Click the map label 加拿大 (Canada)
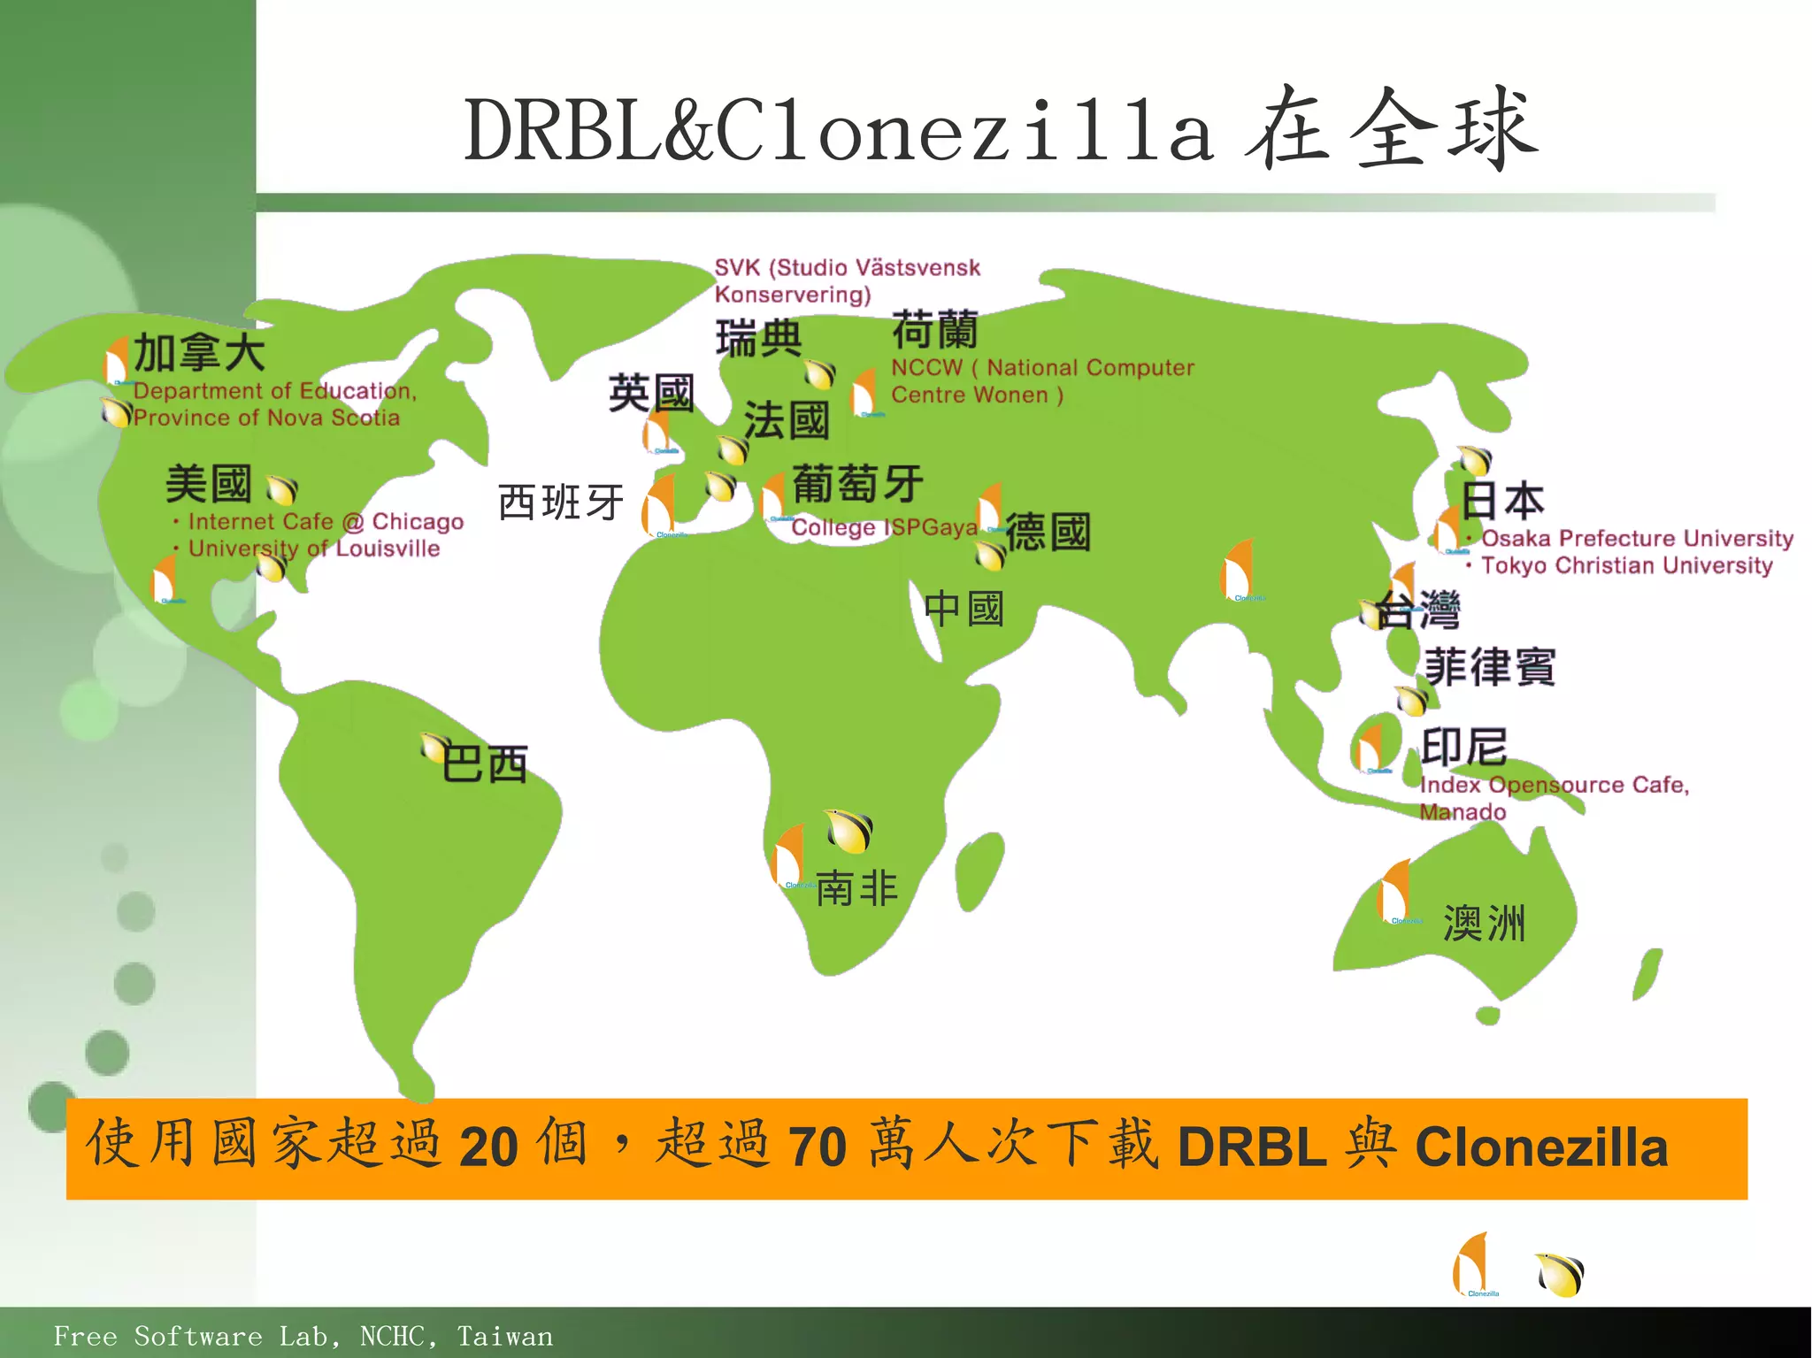[199, 353]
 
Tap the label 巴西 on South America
[485, 763]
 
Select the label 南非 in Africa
[856, 887]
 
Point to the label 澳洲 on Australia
[1484, 924]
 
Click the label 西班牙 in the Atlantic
[561, 503]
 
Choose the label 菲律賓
[1490, 667]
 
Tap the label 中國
[964, 610]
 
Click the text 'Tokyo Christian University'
[1626, 565]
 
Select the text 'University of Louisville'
[314, 549]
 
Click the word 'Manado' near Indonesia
[1463, 812]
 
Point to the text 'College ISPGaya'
[884, 527]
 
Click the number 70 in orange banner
[817, 1147]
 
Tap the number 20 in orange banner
[488, 1147]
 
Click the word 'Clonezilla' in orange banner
[1541, 1147]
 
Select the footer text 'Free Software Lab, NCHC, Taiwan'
[303, 1336]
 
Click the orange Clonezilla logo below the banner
[1473, 1265]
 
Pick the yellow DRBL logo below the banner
[1560, 1275]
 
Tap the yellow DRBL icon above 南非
[849, 830]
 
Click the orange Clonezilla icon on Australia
[1395, 892]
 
